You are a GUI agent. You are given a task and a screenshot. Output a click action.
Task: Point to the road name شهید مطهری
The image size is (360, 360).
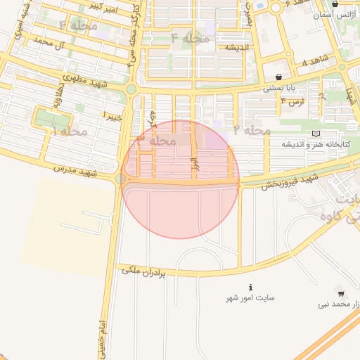(x=84, y=79)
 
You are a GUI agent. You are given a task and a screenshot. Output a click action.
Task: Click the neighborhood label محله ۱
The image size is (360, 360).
(x=70, y=131)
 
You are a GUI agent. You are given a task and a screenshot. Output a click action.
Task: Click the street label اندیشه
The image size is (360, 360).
(x=239, y=48)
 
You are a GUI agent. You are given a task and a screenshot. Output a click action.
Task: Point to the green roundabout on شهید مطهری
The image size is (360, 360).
(x=131, y=89)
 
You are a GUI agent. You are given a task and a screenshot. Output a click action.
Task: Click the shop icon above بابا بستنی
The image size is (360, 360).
(x=280, y=77)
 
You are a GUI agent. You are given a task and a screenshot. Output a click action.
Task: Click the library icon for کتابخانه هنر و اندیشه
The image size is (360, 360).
(x=316, y=134)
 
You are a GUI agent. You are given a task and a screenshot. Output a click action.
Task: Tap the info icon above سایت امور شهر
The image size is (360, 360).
(x=251, y=287)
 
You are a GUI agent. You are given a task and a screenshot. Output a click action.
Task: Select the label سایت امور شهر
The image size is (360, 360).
(x=250, y=298)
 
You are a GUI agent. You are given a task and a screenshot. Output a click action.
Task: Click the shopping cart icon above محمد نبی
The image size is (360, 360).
(x=341, y=294)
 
